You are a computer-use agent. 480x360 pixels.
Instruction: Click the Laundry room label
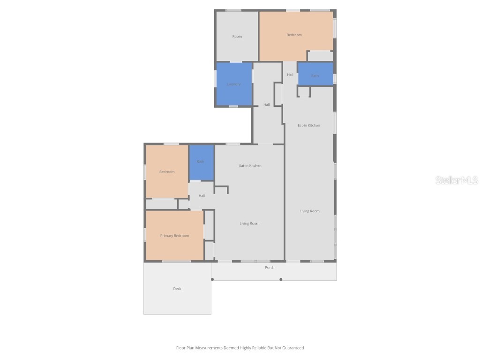[234, 84]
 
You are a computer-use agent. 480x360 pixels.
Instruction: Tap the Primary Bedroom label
[174, 236]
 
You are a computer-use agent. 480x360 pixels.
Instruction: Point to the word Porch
[270, 268]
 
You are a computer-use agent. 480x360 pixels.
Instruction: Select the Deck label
[177, 289]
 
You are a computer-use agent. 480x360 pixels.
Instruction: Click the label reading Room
[237, 37]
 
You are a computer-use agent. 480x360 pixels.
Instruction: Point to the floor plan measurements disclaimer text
[240, 348]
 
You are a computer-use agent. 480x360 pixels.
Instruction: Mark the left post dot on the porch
[212, 279]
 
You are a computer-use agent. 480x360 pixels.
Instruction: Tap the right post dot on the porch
[281, 279]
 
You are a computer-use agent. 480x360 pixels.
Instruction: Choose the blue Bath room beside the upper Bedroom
[315, 75]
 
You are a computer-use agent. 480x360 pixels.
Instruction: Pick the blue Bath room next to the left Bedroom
[201, 162]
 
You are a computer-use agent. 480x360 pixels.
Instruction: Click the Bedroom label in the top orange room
[294, 35]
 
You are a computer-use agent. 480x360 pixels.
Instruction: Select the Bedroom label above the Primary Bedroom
[167, 172]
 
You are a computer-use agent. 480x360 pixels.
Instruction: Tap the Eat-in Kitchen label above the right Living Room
[309, 126]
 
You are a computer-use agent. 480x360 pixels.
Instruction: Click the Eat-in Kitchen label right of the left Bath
[250, 166]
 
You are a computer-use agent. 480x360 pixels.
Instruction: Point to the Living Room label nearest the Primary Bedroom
[249, 224]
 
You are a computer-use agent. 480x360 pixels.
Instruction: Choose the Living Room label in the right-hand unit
[310, 211]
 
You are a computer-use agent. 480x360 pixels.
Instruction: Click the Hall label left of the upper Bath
[290, 75]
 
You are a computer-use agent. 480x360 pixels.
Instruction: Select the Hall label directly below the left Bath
[202, 196]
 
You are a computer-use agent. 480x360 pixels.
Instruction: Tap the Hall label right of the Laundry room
[267, 105]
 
